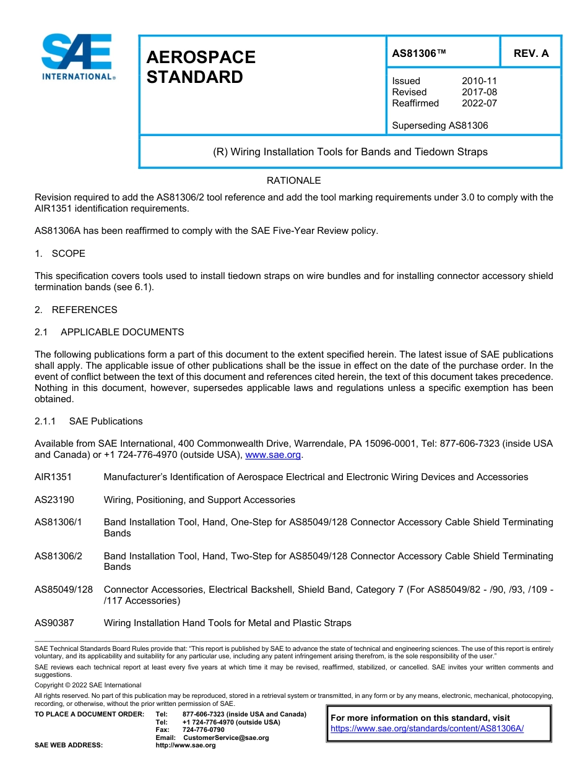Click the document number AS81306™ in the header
pos(419,53)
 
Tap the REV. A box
pos(530,53)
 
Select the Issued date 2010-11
pos(479,81)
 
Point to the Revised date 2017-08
pos(479,92)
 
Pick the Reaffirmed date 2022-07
pos(479,103)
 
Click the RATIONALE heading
pos(293,181)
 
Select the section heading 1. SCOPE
pos(60,254)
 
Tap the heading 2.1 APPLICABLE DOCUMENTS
pos(110,332)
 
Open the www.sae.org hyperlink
pos(273,455)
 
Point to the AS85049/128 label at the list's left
pos(64,590)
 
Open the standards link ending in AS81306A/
pos(427,729)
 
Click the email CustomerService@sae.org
pos(226,737)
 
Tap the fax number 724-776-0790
pos(204,730)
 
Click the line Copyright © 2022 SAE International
pos(88,685)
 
